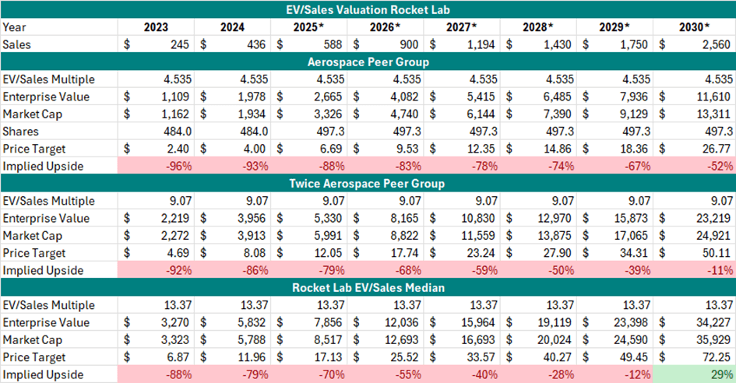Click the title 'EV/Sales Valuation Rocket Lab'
368,9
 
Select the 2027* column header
461,27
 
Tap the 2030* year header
694,27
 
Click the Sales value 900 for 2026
409,44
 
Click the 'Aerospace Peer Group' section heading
368,62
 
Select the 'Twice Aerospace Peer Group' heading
367,184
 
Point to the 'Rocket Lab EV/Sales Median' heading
368,287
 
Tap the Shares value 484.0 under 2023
177,132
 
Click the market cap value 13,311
713,114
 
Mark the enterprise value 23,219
713,218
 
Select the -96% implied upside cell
179,166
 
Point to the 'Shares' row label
20,132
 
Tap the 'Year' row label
14,27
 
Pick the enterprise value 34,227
713,322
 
